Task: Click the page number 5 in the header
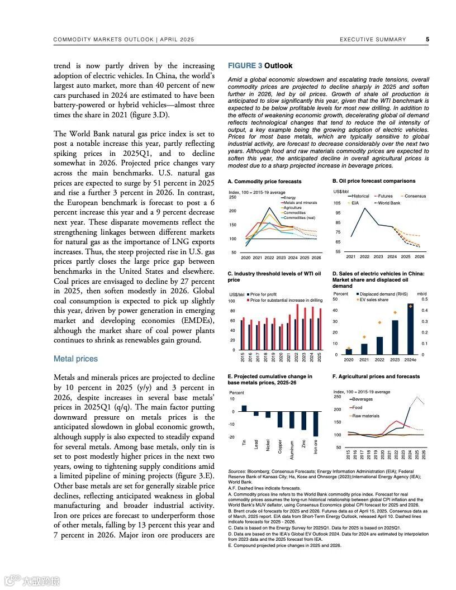(x=427, y=40)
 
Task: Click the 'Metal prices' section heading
(x=75, y=359)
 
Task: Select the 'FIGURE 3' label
(x=245, y=66)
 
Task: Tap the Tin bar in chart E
(x=244, y=408)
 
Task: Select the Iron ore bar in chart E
(x=316, y=424)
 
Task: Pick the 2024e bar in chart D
(x=411, y=329)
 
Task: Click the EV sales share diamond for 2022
(x=379, y=322)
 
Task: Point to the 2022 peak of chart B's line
(x=365, y=208)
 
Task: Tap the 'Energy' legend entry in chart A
(x=289, y=198)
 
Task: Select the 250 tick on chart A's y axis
(x=232, y=197)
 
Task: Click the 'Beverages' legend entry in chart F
(x=363, y=399)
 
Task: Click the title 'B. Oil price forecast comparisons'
(x=373, y=181)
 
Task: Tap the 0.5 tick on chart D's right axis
(x=425, y=299)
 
